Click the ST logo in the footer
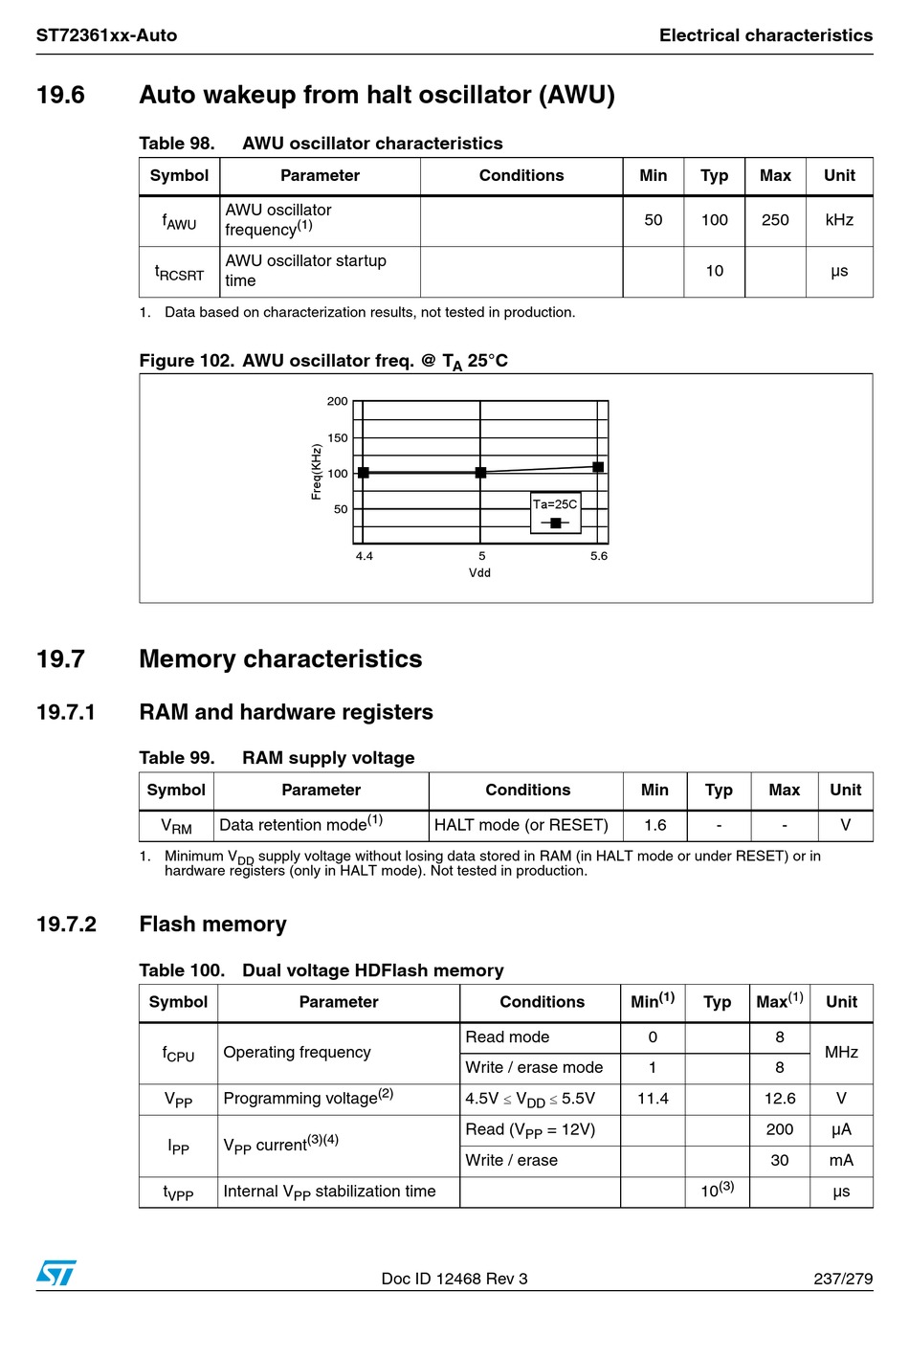tap(55, 1273)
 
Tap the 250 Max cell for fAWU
tap(775, 220)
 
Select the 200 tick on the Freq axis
tap(338, 402)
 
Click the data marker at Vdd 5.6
tap(598, 467)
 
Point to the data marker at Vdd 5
tap(480, 473)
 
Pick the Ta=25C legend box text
tap(555, 504)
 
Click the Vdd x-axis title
tap(479, 573)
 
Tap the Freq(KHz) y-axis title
tap(317, 471)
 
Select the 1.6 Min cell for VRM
tap(654, 825)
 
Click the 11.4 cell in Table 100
tap(653, 1099)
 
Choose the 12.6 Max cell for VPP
tap(780, 1099)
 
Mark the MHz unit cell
tap(841, 1052)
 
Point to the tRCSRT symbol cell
tap(180, 272)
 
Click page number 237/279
tap(843, 1279)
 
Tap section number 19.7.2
tap(66, 925)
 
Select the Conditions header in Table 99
tap(527, 791)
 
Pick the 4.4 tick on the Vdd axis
tap(365, 556)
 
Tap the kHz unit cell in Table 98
tap(839, 220)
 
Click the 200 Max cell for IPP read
tap(780, 1129)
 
